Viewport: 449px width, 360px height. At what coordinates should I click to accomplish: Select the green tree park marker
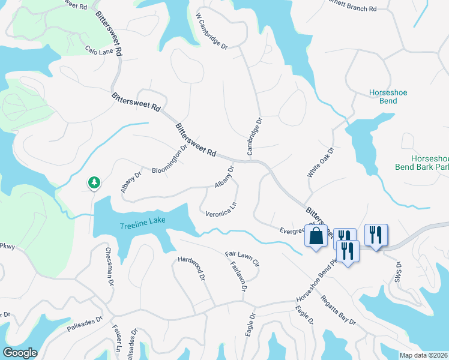coord(94,182)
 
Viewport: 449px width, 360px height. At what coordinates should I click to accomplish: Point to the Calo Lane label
coord(99,52)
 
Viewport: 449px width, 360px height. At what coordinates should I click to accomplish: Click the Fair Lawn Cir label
coord(241,259)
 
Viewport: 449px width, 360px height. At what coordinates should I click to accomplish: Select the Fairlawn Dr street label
coord(238,278)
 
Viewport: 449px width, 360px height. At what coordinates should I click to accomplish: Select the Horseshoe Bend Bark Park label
coord(422,160)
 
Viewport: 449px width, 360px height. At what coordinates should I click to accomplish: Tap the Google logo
coord(20,353)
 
